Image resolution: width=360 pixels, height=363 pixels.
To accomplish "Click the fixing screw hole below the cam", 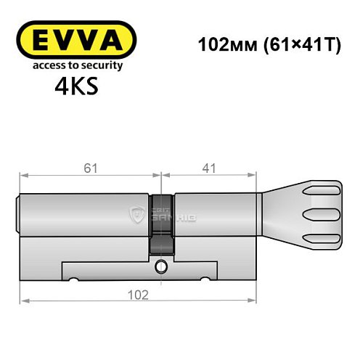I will click(x=161, y=266).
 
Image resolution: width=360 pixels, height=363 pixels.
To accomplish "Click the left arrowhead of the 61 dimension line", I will click(x=22, y=175).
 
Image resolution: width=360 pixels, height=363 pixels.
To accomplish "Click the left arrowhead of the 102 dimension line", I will click(x=22, y=300).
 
